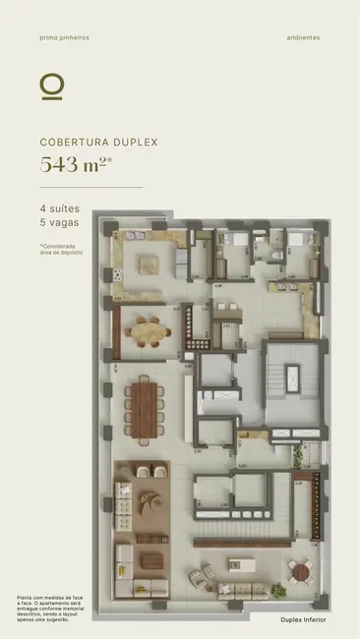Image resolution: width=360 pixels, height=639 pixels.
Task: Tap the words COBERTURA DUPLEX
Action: (98, 142)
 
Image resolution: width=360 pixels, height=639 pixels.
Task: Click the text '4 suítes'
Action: (58, 209)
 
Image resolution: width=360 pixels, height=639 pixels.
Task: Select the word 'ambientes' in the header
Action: (304, 38)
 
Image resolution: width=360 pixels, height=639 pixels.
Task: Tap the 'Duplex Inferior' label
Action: (303, 620)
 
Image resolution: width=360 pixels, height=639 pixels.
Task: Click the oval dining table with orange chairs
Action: (150, 330)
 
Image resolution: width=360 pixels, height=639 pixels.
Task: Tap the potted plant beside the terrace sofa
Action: (210, 572)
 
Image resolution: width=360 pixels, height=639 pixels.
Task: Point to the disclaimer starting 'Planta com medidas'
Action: (50, 607)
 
